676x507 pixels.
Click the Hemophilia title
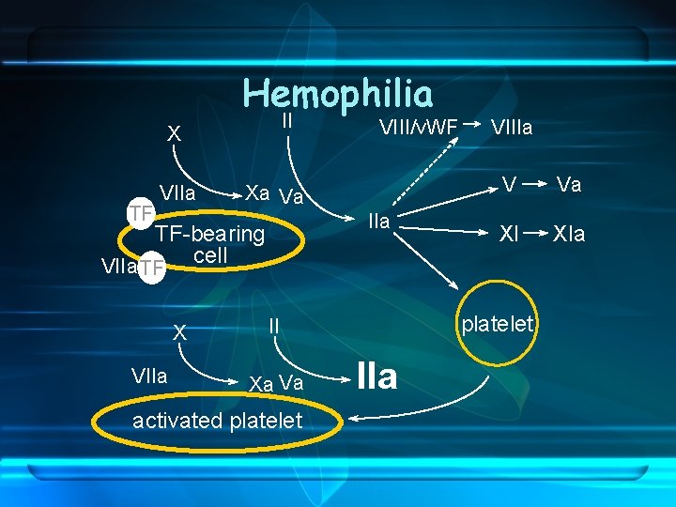click(x=338, y=94)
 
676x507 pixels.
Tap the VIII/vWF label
click(x=418, y=127)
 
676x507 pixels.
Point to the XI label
click(x=508, y=234)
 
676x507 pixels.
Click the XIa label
click(x=569, y=234)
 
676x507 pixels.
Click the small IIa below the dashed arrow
click(x=379, y=223)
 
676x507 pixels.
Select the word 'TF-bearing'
click(x=210, y=234)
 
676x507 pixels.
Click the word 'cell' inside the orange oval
click(x=210, y=255)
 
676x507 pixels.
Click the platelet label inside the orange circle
click(x=498, y=325)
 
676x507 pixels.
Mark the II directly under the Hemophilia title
click(x=287, y=122)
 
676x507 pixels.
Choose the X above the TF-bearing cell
click(x=174, y=135)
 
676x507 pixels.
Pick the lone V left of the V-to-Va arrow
click(x=508, y=185)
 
